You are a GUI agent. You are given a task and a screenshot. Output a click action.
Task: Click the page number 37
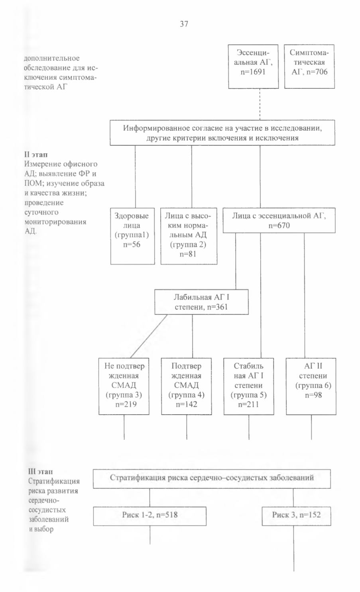[x=184, y=24]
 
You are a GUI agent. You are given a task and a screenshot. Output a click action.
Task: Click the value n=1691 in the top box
[x=253, y=72]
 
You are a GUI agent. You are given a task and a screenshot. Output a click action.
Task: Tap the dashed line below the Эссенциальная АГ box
[x=260, y=104]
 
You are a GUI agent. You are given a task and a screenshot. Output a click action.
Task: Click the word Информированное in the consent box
[x=156, y=128]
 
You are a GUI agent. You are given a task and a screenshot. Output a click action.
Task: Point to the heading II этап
[x=36, y=155]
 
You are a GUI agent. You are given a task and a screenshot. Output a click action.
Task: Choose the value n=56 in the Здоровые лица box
[x=132, y=245]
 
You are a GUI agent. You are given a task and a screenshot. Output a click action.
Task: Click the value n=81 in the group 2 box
[x=188, y=254]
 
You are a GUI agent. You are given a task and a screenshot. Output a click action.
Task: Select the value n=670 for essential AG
[x=279, y=225]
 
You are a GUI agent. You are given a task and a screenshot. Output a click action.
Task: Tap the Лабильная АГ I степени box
[x=202, y=302]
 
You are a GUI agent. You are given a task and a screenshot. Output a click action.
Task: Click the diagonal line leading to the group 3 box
[x=149, y=336]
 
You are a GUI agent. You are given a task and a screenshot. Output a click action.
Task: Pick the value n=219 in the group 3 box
[x=126, y=404]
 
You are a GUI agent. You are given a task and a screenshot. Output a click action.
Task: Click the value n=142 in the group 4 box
[x=187, y=404]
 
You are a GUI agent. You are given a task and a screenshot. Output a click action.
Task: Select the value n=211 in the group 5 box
[x=248, y=404]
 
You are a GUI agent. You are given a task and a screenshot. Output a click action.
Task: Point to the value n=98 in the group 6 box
[x=313, y=395]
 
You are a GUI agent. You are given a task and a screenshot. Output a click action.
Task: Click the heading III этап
[x=41, y=471]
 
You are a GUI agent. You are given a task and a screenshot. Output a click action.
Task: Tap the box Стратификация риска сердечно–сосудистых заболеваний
[x=212, y=478]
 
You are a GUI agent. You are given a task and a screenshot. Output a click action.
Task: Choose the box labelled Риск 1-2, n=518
[x=150, y=516]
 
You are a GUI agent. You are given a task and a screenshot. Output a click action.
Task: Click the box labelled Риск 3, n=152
[x=296, y=516]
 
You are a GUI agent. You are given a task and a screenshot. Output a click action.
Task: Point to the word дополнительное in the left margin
[x=51, y=59]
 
